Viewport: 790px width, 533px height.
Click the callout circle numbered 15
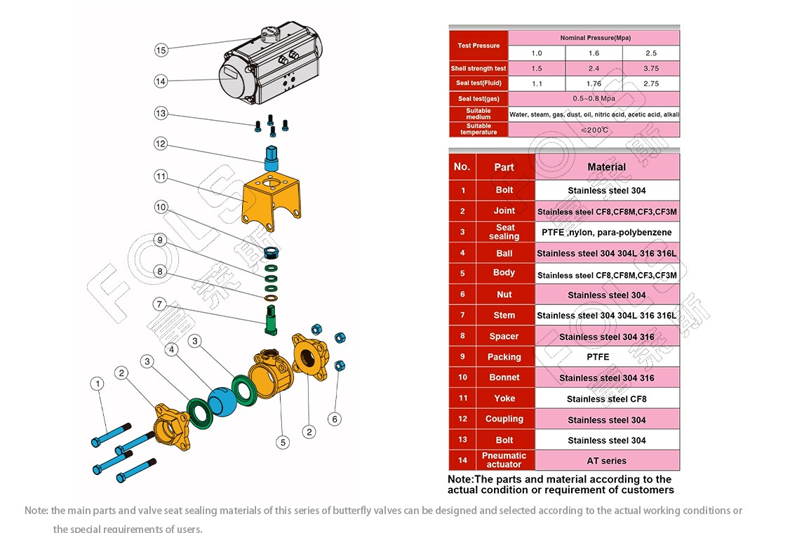[161, 50]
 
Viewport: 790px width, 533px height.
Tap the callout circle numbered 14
[161, 81]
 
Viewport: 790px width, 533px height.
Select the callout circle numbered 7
[160, 304]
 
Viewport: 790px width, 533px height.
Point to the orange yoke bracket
[272, 199]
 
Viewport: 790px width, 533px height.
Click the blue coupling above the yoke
[272, 155]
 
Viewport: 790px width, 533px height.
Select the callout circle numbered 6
[335, 419]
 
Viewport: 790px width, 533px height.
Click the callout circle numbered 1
[97, 384]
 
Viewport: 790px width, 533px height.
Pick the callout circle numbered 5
[282, 442]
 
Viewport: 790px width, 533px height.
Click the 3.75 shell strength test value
[650, 68]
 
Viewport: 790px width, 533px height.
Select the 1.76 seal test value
[593, 83]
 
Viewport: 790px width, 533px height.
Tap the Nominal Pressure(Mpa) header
[593, 37]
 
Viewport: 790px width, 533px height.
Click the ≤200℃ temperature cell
[593, 130]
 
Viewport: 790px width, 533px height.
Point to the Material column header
[606, 167]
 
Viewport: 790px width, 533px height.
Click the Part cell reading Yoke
[504, 398]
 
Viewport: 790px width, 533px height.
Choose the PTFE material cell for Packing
[606, 357]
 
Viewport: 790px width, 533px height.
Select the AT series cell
[606, 461]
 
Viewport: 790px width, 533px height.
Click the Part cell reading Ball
[504, 253]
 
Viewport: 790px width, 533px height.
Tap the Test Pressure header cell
[478, 46]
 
